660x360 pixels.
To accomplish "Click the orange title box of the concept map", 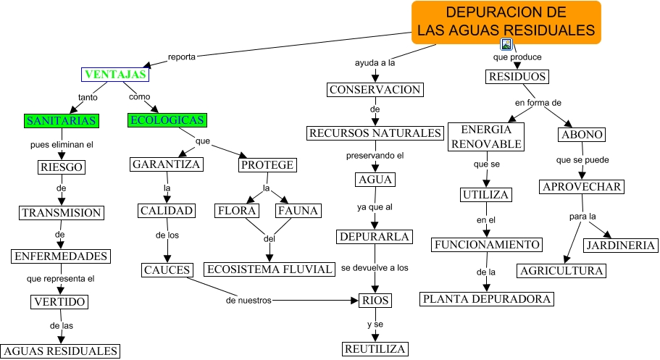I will pyautogui.click(x=506, y=22).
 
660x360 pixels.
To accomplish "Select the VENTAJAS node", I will pyautogui.click(x=115, y=75).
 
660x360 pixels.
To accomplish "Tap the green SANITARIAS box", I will pyautogui.click(x=61, y=120).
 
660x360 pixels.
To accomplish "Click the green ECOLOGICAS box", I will pyautogui.click(x=167, y=120).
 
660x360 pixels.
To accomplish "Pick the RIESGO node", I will pyautogui.click(x=61, y=168).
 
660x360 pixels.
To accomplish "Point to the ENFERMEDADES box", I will pyautogui.click(x=61, y=256).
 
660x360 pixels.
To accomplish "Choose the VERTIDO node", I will pyautogui.click(x=60, y=302).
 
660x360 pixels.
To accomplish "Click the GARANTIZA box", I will pyautogui.click(x=167, y=164).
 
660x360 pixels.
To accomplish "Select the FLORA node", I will pyautogui.click(x=237, y=211).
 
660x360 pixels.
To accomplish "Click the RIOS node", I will pyautogui.click(x=375, y=301).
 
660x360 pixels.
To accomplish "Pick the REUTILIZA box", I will pyautogui.click(x=375, y=349).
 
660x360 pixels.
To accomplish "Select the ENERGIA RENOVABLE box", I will pyautogui.click(x=486, y=136).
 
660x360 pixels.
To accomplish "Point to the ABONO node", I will pyautogui.click(x=582, y=135).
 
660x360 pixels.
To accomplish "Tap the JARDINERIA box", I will pyautogui.click(x=622, y=246).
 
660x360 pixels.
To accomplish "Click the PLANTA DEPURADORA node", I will pyautogui.click(x=487, y=298).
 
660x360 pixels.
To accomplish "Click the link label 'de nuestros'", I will pyautogui.click(x=248, y=299).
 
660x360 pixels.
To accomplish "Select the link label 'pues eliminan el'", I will pyautogui.click(x=62, y=144).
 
